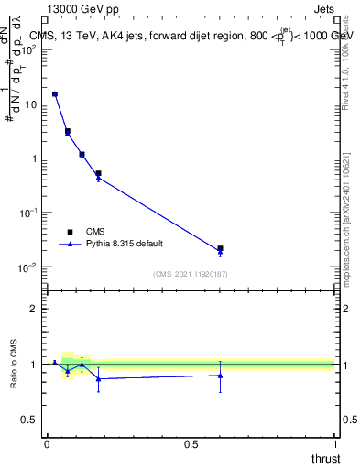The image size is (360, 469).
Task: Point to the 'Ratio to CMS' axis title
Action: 15,364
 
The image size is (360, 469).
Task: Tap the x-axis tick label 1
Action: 334,443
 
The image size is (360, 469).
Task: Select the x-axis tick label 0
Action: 47,443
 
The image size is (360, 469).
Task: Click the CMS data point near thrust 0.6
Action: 220,248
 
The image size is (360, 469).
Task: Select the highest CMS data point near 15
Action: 55,93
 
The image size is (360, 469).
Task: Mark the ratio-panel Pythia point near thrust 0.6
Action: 220,376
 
